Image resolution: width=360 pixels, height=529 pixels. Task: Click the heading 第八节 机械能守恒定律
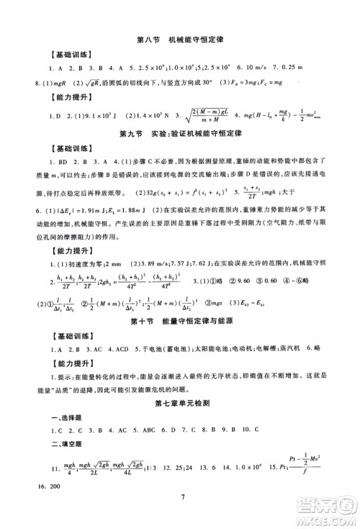coord(179,38)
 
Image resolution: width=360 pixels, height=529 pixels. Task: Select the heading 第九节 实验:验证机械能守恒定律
coord(179,133)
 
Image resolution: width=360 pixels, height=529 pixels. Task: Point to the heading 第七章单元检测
coord(179,411)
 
